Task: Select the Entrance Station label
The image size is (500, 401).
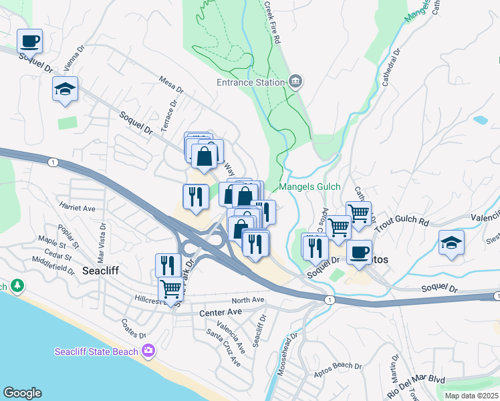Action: point(250,83)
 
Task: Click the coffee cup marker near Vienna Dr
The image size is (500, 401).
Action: point(30,42)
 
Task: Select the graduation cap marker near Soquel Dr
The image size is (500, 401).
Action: point(66,89)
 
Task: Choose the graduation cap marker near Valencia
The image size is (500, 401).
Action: point(452,243)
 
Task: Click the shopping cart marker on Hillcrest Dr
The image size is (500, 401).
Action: point(170,289)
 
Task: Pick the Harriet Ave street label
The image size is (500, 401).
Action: point(77,208)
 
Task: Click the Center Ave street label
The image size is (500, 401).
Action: point(220,312)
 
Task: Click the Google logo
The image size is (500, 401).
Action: point(22,393)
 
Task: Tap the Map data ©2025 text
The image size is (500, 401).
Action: point(471,396)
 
